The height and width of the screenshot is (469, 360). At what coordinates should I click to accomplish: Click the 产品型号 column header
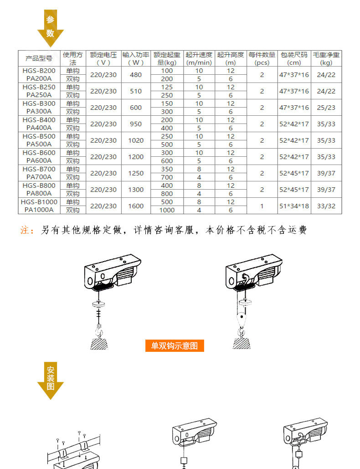pos(39,58)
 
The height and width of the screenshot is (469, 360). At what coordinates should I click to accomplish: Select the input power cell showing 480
pos(136,75)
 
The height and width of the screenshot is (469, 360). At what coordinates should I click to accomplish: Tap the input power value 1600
pos(136,206)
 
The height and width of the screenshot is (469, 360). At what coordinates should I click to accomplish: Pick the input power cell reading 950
pos(136,124)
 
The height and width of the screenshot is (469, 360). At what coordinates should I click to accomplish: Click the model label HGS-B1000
pos(39,202)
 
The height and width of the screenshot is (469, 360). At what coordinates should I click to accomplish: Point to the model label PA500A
pos(39,144)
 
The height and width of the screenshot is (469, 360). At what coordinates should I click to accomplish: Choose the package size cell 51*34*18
pos(294,206)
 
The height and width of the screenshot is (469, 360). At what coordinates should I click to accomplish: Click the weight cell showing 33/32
pos(326,206)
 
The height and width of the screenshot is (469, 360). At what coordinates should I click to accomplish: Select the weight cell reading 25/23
pos(326,108)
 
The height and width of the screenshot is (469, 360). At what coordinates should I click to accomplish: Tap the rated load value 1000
pos(167,210)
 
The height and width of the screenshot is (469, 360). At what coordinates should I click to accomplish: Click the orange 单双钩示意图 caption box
pos(174,346)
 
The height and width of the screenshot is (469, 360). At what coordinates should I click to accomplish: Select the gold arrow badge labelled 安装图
pos(50,381)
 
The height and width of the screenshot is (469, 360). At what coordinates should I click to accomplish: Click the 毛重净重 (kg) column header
pos(326,58)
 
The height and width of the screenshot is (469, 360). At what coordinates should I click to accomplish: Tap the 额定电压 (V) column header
pos(103,58)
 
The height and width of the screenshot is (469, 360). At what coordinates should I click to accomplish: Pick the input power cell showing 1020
pos(136,140)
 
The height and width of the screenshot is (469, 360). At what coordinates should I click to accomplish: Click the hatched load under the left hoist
pos(99,342)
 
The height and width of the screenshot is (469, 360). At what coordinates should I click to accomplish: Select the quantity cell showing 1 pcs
pos(262,206)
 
